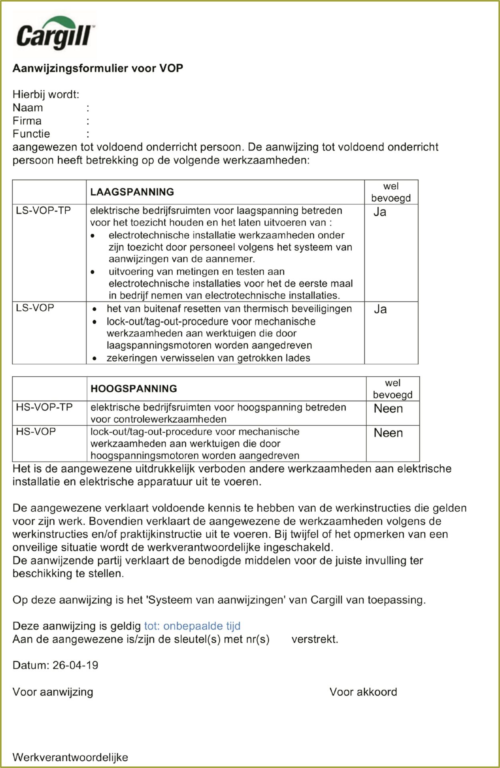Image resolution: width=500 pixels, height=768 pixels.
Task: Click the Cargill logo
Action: pos(54,34)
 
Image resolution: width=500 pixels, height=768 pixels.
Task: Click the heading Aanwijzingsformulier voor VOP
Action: pos(98,68)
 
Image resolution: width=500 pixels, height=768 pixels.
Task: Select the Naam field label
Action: pos(28,108)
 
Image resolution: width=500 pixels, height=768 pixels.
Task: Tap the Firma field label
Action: pos(27,121)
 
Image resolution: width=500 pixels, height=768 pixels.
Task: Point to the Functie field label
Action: pos(31,134)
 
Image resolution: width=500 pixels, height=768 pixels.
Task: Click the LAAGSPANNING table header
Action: pos(132,192)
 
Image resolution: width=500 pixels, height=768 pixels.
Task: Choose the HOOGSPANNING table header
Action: pos(134,389)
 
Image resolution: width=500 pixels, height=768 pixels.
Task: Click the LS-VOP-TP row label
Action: pos(43,211)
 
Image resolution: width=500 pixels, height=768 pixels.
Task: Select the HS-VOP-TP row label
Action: pos(44,408)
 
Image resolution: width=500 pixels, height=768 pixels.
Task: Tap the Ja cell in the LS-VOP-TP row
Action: pos(380,212)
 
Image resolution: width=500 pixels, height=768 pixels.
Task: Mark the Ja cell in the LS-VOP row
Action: pos(380,309)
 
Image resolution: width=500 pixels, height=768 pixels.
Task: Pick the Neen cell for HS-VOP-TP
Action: pos(388,409)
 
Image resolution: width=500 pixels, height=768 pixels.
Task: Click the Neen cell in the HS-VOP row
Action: pos(388,433)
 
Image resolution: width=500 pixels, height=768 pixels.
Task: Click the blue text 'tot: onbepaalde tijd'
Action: pos(192,626)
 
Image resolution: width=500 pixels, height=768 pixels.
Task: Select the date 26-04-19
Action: pos(75,665)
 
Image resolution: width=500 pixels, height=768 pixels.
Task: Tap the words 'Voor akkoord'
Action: pos(363,692)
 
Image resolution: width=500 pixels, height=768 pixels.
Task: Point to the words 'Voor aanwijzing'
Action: pos(53,692)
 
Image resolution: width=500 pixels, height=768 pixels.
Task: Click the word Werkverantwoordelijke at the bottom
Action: pos(71,757)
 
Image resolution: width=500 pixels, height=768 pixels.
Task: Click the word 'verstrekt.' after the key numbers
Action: pos(315,639)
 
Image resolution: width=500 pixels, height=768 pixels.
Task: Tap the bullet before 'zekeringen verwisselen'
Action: pos(95,358)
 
